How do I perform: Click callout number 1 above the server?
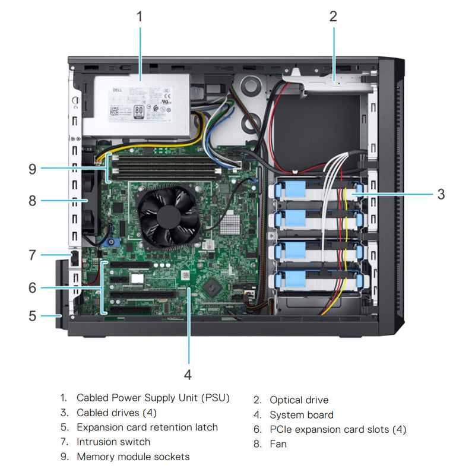pyautogui.click(x=140, y=16)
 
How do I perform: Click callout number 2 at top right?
pyautogui.click(x=333, y=16)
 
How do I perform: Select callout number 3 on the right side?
pyautogui.click(x=441, y=194)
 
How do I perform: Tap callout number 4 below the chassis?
pyautogui.click(x=188, y=375)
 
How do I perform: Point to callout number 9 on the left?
pyautogui.click(x=32, y=169)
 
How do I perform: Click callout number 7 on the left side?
pyautogui.click(x=32, y=255)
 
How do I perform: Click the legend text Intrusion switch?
pyautogui.click(x=113, y=442)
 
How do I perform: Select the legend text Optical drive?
pyautogui.click(x=299, y=400)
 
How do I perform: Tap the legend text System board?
pyautogui.click(x=301, y=415)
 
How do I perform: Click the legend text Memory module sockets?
pyautogui.click(x=133, y=457)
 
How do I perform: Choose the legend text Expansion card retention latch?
pyautogui.click(x=147, y=427)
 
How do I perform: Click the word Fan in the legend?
pyautogui.click(x=278, y=444)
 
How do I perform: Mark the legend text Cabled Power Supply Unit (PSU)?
pyautogui.click(x=153, y=398)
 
